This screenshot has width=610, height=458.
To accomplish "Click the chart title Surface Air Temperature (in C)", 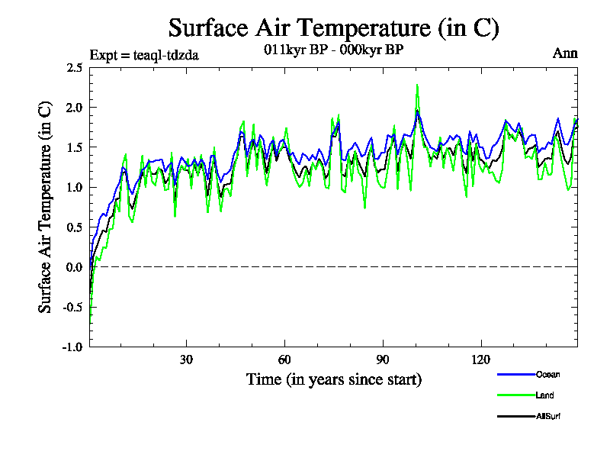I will pyautogui.click(x=333, y=28).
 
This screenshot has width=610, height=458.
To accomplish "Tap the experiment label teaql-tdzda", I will pyautogui.click(x=144, y=55).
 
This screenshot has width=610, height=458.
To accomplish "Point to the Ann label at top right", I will pyautogui.click(x=565, y=53).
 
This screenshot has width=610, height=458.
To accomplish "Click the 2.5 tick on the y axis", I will pyautogui.click(x=75, y=68).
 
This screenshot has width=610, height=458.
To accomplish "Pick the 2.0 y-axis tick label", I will pyautogui.click(x=75, y=108).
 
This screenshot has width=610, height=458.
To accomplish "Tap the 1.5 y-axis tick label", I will pyautogui.click(x=75, y=147).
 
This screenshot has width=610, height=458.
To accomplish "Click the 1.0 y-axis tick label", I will pyautogui.click(x=75, y=187).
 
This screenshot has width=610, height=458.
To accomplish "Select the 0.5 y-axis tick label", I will pyautogui.click(x=75, y=227).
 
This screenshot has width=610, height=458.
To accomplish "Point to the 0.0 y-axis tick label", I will pyautogui.click(x=75, y=267).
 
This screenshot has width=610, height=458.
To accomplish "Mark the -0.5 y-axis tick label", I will pyautogui.click(x=73, y=307).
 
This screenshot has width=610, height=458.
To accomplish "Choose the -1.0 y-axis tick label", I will pyautogui.click(x=73, y=347).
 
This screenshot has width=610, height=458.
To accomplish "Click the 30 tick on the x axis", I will pyautogui.click(x=186, y=360).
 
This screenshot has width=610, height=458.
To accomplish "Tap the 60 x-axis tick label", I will pyautogui.click(x=284, y=360).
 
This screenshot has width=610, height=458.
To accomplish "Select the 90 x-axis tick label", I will pyautogui.click(x=383, y=360).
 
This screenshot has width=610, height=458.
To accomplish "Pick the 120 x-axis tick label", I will pyautogui.click(x=481, y=360).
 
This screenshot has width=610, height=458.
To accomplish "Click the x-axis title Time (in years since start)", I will pyautogui.click(x=333, y=379).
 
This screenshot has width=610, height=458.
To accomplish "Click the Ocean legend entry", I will pyautogui.click(x=547, y=375).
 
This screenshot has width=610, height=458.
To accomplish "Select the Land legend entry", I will pyautogui.click(x=544, y=395).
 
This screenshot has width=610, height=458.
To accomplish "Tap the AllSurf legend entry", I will pyautogui.click(x=548, y=417).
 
